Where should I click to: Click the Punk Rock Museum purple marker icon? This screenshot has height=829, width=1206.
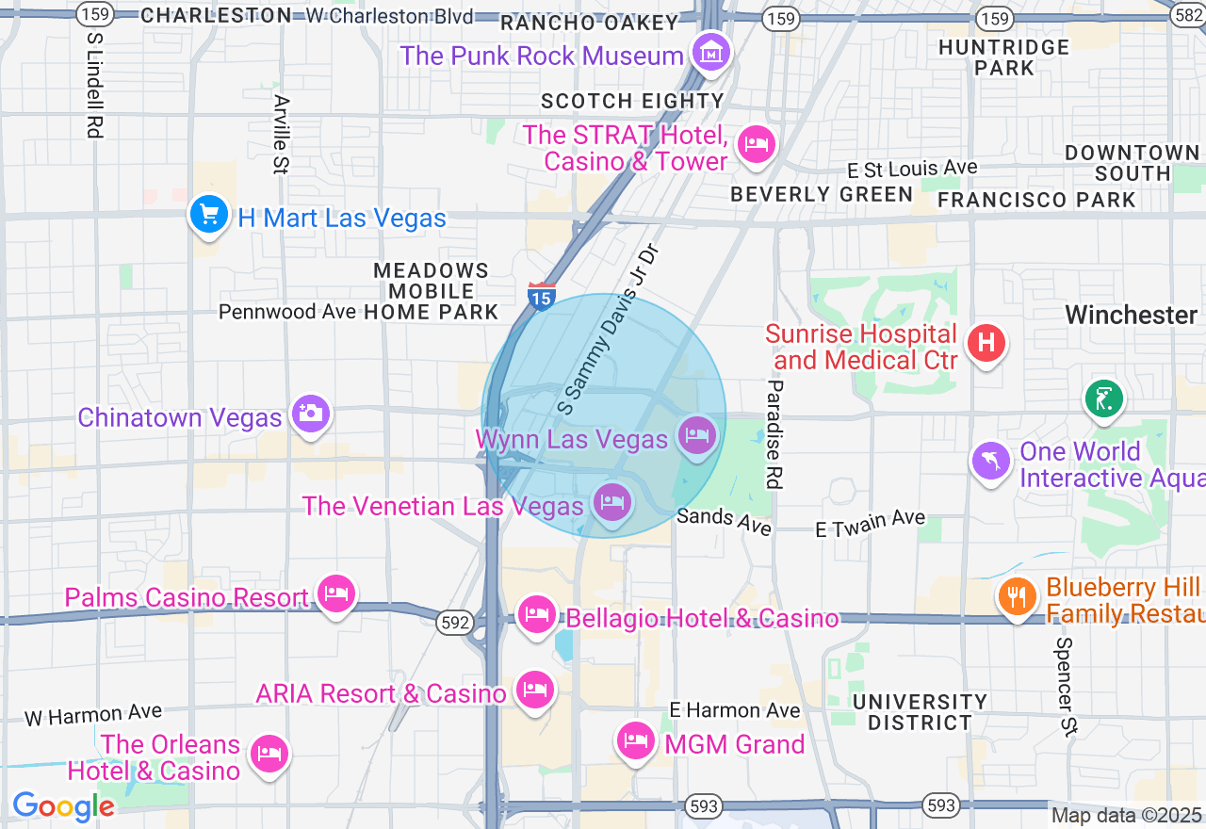tap(712, 52)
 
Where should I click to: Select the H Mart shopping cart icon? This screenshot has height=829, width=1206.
tap(208, 215)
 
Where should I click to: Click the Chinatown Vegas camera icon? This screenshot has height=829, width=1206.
tap(311, 413)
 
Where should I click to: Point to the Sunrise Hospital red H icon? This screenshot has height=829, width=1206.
tap(986, 341)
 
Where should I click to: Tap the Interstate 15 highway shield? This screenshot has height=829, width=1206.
tap(541, 297)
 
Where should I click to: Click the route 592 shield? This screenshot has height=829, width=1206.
tap(454, 623)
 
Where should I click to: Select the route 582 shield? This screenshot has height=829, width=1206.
tap(1190, 15)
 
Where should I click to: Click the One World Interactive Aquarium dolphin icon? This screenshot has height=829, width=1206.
tap(991, 461)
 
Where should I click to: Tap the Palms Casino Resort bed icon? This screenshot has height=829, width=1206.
tap(335, 593)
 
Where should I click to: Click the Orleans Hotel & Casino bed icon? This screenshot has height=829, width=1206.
tap(269, 754)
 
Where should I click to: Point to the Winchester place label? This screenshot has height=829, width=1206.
tap(1131, 315)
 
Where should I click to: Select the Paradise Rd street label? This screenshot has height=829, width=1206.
tap(774, 434)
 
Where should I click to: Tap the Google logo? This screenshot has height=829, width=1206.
tap(63, 806)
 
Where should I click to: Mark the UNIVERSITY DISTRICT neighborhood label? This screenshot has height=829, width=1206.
tap(920, 712)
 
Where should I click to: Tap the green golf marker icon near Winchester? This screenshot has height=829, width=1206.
tap(1103, 398)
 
